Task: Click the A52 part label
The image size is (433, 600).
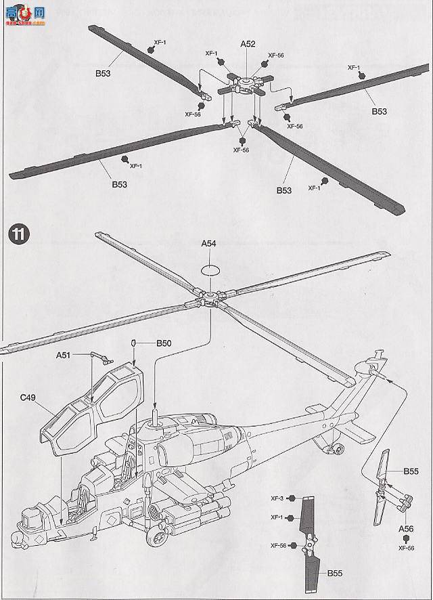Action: pyautogui.click(x=248, y=44)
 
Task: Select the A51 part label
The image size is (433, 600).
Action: pyautogui.click(x=63, y=354)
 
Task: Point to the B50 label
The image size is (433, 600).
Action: pyautogui.click(x=163, y=343)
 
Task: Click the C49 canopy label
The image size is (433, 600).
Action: pyautogui.click(x=28, y=398)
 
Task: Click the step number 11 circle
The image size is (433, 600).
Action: pyautogui.click(x=18, y=235)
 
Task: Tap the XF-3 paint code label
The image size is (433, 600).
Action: pyautogui.click(x=277, y=498)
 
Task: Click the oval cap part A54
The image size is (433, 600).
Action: pyautogui.click(x=210, y=270)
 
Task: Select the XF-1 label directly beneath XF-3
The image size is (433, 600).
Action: pyautogui.click(x=277, y=517)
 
